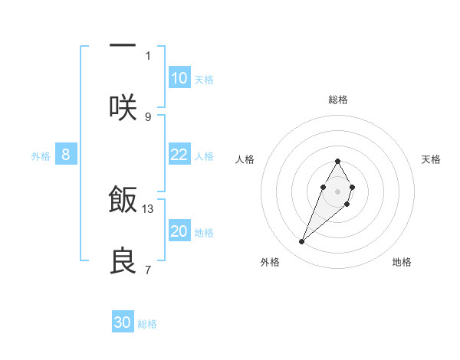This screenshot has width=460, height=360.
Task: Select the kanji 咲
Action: (123, 106)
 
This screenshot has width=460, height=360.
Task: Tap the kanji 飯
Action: (123, 199)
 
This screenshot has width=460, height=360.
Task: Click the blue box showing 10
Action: (179, 78)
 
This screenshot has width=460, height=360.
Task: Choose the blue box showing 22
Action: (179, 155)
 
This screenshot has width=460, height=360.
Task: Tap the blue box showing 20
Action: (179, 231)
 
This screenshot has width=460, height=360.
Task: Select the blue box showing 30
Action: (123, 322)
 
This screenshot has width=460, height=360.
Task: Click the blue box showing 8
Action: (66, 155)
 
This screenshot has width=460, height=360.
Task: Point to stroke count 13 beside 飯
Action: (148, 208)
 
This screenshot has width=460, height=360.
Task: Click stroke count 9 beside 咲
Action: (148, 116)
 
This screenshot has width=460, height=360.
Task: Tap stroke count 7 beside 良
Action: (148, 270)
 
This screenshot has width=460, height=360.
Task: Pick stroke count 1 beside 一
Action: (148, 55)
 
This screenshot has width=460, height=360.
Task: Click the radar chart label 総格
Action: (337, 100)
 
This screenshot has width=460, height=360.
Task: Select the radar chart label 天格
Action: (432, 159)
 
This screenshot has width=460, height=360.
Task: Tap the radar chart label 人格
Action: (245, 159)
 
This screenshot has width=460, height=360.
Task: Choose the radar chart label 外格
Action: (270, 262)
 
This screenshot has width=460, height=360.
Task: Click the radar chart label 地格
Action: (402, 262)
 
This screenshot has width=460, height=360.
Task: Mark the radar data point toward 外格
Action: (302, 242)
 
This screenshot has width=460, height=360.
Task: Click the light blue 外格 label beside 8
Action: (41, 155)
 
